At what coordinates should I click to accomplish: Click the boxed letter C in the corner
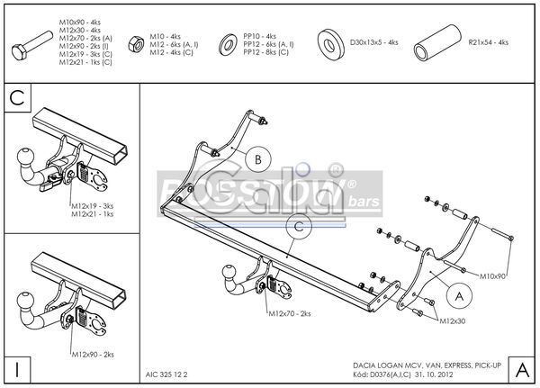click(x=17, y=97)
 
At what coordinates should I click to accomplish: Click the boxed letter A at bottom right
click(x=521, y=368)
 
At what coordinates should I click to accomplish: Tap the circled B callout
click(x=256, y=159)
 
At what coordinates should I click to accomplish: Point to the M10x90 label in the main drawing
click(x=493, y=275)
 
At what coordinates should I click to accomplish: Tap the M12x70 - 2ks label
click(x=289, y=314)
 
